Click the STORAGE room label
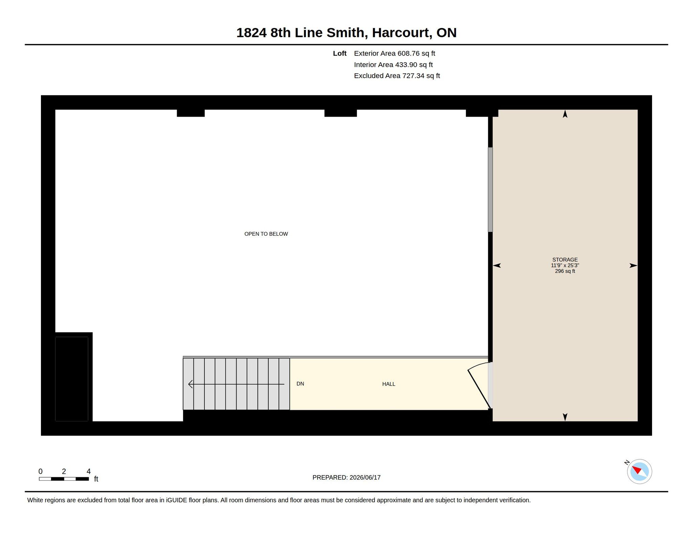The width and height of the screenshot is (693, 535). click(x=565, y=260)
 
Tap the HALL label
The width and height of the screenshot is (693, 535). click(x=388, y=384)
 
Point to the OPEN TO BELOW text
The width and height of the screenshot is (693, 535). click(x=266, y=234)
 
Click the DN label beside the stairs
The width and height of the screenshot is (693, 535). click(x=300, y=384)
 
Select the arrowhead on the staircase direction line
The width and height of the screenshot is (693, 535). click(x=191, y=384)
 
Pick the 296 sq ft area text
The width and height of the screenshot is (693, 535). click(x=565, y=271)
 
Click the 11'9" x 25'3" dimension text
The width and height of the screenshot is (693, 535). click(x=565, y=265)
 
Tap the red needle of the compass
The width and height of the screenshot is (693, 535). click(x=637, y=470)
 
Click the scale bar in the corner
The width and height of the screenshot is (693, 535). click(x=64, y=479)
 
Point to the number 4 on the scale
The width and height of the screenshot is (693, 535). click(x=89, y=471)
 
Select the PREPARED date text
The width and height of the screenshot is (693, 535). click(x=346, y=478)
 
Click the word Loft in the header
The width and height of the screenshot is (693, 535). click(x=340, y=53)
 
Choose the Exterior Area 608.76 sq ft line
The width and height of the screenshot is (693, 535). click(x=395, y=53)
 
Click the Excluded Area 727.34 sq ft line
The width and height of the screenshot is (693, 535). click(x=397, y=76)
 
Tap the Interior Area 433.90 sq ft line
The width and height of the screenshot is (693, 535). click(x=393, y=65)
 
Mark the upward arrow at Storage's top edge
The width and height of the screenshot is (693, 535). click(x=565, y=114)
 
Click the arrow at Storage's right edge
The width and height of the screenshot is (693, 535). click(x=633, y=265)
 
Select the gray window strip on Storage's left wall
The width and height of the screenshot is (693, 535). click(x=490, y=190)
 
